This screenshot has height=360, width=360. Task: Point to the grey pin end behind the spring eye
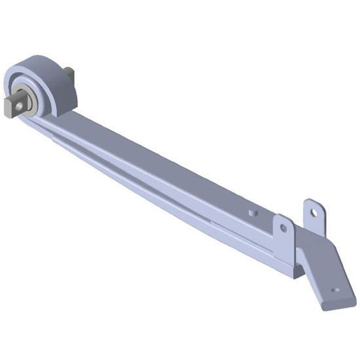69,76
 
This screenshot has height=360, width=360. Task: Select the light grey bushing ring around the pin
29,98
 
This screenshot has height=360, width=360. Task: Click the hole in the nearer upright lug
283,228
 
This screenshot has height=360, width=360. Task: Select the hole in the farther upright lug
314,212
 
